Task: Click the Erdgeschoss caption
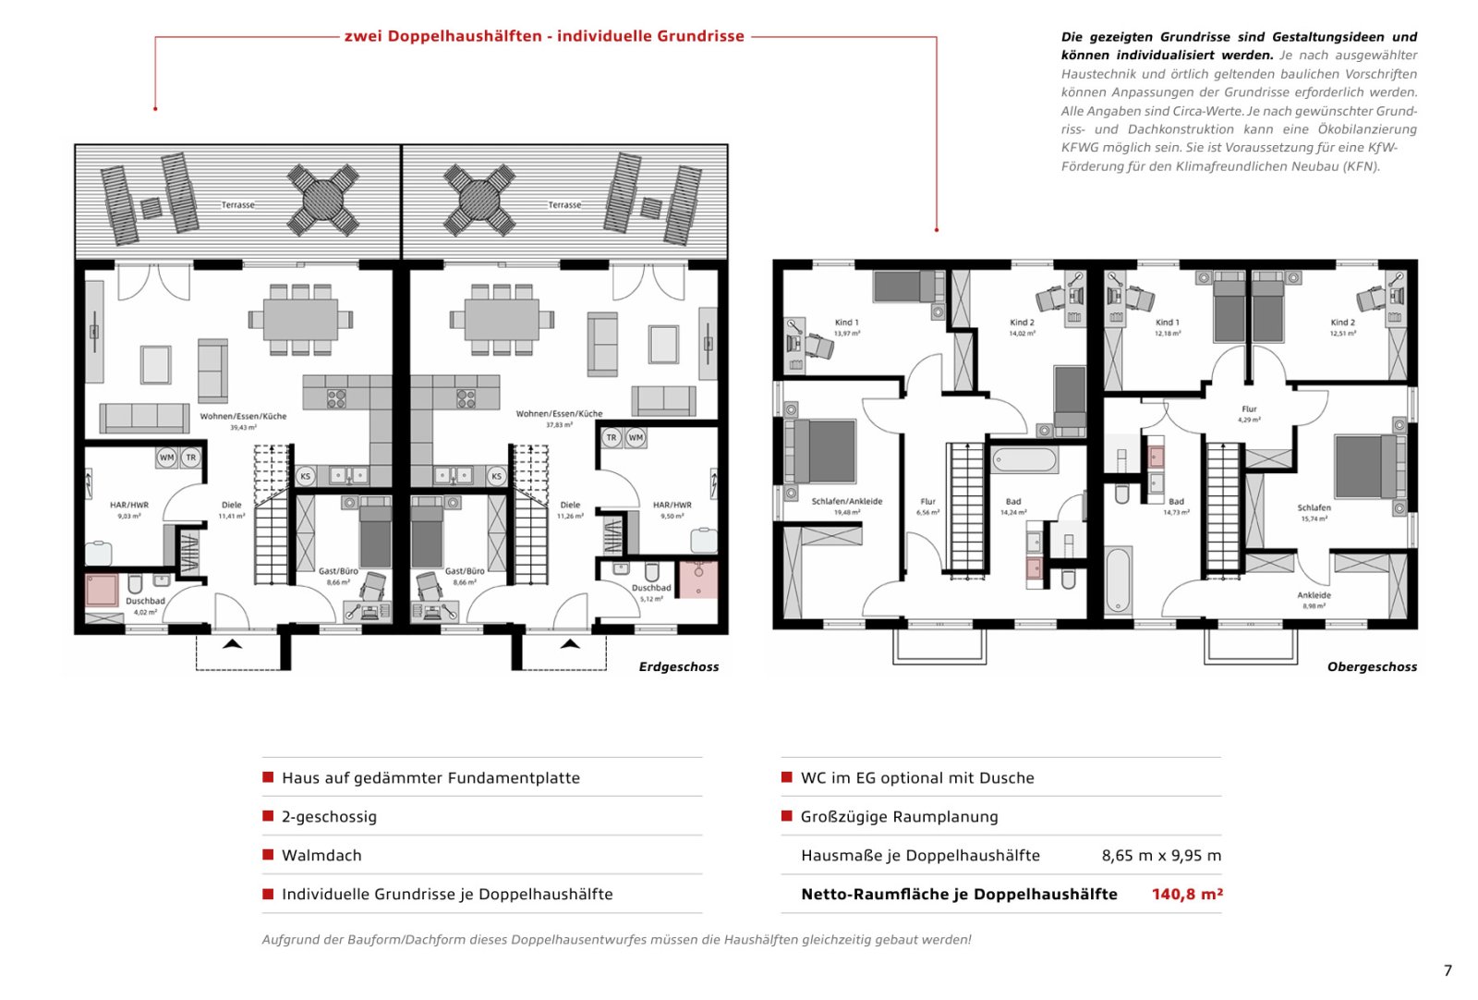(678, 666)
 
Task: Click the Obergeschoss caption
(1371, 666)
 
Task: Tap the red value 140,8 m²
(1186, 894)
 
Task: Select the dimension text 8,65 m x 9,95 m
(1160, 855)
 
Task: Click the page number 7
(1448, 970)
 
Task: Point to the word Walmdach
(321, 855)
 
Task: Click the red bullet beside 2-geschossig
(268, 816)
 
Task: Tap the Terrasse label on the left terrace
(237, 204)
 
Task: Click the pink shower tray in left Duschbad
(102, 590)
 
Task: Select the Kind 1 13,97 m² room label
(846, 327)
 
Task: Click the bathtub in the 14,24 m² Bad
(1024, 459)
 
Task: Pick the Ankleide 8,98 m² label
(1313, 600)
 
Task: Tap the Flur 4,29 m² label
(1249, 413)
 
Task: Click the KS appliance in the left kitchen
(305, 476)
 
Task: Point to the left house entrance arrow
(232, 643)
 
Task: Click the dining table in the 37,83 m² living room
(502, 320)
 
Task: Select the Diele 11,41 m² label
(231, 510)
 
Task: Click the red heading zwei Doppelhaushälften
(544, 36)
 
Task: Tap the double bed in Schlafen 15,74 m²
(1363, 467)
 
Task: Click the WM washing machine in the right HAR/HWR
(636, 437)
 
